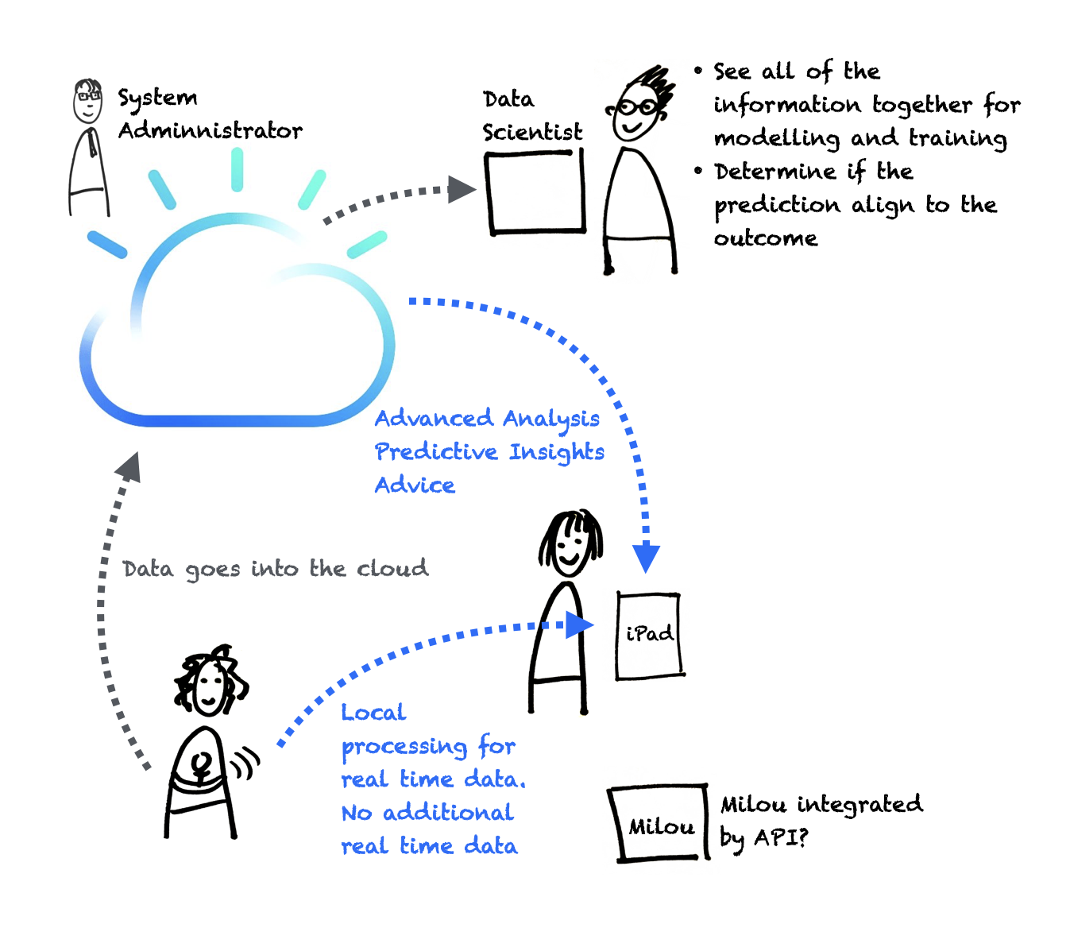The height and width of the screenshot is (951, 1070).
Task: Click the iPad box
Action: tap(649, 635)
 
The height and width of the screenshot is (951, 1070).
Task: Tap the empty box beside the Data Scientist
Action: tap(536, 192)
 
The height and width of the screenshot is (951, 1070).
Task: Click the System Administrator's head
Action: tap(88, 101)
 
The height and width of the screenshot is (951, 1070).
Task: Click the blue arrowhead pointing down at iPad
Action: tap(647, 557)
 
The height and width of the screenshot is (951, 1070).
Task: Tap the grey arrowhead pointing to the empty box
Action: tap(462, 189)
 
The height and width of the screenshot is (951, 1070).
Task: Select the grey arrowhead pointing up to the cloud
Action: tap(129, 467)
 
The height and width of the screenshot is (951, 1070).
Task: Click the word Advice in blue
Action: tap(415, 485)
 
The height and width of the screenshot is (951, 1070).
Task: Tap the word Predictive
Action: tap(436, 452)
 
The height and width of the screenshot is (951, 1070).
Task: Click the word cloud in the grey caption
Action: tap(392, 569)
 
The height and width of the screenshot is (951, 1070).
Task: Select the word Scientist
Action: tap(532, 132)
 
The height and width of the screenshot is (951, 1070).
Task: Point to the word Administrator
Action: tap(211, 130)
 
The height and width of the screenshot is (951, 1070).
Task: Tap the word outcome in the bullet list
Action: tap(765, 238)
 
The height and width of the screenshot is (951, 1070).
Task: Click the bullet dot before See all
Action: tap(698, 71)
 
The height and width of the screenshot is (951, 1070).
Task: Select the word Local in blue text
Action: tap(373, 713)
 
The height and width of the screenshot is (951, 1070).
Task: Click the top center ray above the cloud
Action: tap(237, 169)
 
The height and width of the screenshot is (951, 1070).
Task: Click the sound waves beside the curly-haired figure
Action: tap(247, 763)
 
